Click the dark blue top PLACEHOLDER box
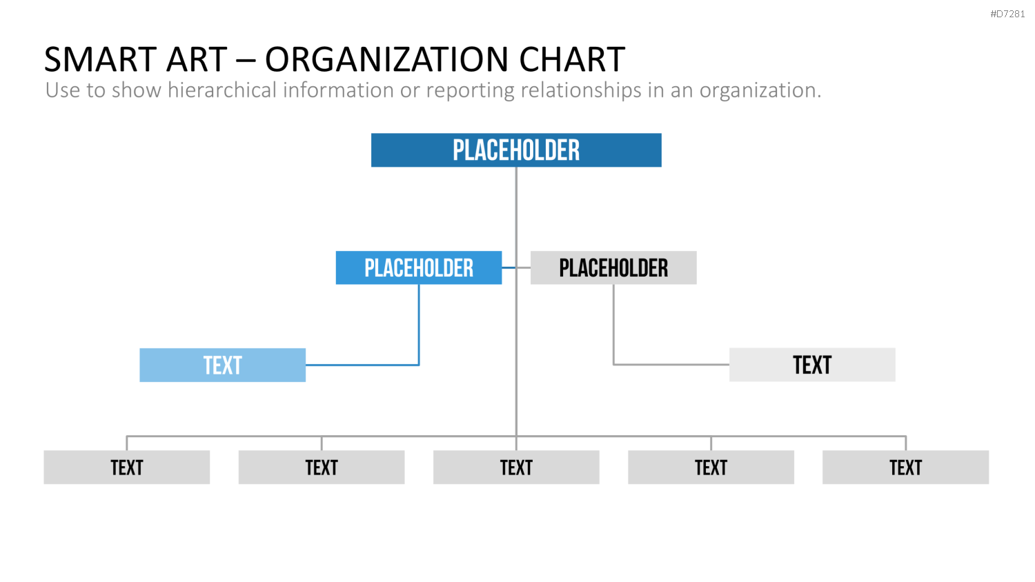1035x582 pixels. click(x=516, y=150)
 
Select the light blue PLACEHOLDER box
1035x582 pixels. click(x=419, y=268)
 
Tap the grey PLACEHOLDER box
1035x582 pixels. click(x=613, y=268)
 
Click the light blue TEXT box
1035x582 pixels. click(x=223, y=365)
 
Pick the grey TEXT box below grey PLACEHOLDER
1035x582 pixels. click(x=812, y=365)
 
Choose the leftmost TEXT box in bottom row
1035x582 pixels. click(x=126, y=468)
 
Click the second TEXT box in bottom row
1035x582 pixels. click(x=322, y=468)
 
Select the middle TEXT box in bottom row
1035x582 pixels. click(x=516, y=468)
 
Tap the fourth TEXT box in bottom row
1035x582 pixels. click(x=711, y=468)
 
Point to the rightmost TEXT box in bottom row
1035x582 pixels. click(x=905, y=468)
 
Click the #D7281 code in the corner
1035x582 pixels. click(x=1007, y=14)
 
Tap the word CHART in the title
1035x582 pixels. click(x=572, y=59)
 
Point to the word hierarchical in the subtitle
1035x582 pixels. click(x=221, y=90)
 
